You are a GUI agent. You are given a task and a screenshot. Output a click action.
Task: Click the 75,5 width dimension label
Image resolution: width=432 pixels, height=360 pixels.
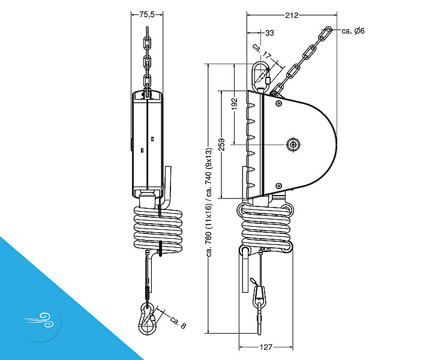click(147, 14)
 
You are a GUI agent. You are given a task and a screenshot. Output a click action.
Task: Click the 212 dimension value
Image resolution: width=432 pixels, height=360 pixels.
click(292, 16)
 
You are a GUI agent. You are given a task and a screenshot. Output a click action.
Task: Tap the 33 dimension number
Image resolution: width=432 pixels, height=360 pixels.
click(270, 33)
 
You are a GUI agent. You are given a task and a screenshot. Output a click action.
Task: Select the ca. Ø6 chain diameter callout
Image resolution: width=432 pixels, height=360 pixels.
click(353, 31)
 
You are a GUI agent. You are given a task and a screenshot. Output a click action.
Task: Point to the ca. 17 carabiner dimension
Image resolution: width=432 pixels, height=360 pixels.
click(262, 52)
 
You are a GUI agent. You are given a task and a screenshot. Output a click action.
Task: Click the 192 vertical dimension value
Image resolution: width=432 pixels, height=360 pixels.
click(234, 104)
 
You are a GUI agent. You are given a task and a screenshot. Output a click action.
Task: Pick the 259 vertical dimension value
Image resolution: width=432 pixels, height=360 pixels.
click(221, 145)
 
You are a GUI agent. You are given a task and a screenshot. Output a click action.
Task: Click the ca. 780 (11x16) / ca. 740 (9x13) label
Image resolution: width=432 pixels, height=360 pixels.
click(209, 202)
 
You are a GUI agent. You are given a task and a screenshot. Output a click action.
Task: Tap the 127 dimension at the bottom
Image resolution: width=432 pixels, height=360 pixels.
click(266, 347)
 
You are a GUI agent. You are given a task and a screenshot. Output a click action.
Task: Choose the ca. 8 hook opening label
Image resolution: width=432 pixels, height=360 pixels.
click(178, 323)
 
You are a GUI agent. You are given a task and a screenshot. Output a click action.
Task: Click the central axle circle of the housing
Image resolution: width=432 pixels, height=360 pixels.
click(293, 145)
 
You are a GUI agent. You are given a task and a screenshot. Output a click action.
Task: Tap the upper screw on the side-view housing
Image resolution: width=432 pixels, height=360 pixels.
click(279, 104)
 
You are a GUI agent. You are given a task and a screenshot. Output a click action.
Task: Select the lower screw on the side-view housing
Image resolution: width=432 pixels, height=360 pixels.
click(279, 185)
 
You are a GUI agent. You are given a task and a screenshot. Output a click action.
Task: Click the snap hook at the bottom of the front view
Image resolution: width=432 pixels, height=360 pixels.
click(148, 319)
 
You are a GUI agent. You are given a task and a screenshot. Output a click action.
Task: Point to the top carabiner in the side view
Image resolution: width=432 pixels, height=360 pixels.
click(260, 77)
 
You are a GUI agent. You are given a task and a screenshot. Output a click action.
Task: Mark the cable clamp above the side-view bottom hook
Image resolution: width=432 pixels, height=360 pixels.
click(260, 296)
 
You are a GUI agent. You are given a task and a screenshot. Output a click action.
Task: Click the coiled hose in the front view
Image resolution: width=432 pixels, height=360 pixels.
click(158, 230)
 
